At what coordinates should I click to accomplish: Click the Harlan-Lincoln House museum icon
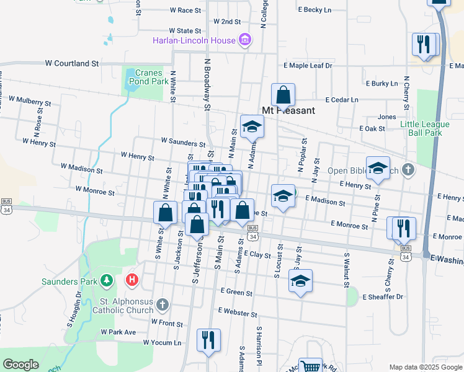[x=245, y=41]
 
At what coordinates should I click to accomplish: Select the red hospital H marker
[x=132, y=280]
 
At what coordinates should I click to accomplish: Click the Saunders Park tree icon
[x=107, y=281]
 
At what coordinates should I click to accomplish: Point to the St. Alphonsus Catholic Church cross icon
[x=162, y=304]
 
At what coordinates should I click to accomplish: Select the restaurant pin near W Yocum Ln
[x=208, y=340]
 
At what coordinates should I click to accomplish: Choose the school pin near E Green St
[x=300, y=281]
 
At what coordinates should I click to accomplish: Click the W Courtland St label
[x=72, y=63]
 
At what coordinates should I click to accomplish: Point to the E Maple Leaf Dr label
[x=308, y=65]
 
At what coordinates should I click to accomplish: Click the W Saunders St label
[x=183, y=144]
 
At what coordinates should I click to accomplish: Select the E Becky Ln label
[x=315, y=10]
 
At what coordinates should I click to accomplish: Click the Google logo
[x=21, y=365]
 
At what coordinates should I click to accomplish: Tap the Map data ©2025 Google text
[x=425, y=367]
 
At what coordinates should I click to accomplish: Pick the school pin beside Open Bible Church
[x=378, y=167]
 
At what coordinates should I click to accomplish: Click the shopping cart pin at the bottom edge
[x=310, y=366]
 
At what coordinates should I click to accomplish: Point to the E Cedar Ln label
[x=342, y=99]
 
